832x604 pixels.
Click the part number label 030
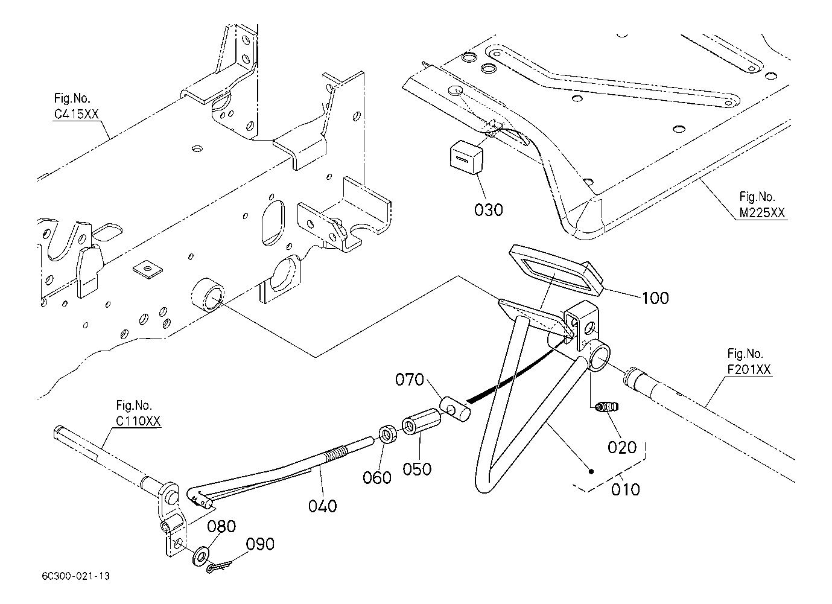click(489, 210)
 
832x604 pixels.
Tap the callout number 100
click(655, 298)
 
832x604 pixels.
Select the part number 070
click(409, 380)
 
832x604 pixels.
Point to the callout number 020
click(622, 448)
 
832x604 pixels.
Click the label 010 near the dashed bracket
click(626, 489)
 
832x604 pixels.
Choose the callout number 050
click(417, 469)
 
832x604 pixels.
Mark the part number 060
click(377, 478)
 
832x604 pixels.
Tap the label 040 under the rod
click(322, 506)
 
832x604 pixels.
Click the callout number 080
click(221, 526)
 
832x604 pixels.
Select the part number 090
click(260, 544)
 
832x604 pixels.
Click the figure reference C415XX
click(77, 114)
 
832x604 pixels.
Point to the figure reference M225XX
click(762, 212)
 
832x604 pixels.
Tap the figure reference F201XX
click(749, 369)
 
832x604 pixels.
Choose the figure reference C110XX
click(138, 421)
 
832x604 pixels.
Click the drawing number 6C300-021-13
click(76, 576)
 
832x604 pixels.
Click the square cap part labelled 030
click(466, 157)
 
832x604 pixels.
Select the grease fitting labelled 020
click(606, 407)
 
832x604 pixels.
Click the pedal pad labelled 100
click(556, 270)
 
